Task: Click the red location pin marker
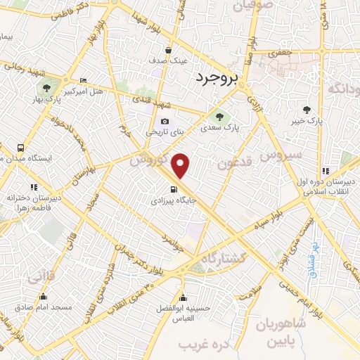coord(181,165)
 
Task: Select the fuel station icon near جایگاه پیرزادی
coord(173,189)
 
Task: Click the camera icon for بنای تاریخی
coord(165,120)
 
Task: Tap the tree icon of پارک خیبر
coord(307,109)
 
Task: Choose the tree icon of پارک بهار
coord(46,88)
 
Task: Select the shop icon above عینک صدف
coord(168,50)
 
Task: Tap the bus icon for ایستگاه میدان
coord(20,148)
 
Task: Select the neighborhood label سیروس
coord(281,155)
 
